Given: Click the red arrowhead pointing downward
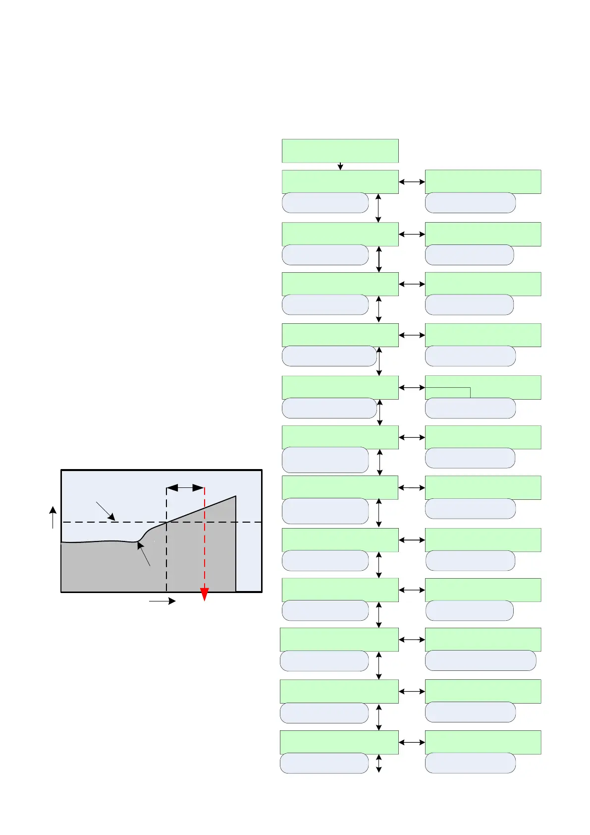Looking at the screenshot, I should tap(204, 594).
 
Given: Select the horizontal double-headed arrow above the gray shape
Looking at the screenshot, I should tap(185, 488).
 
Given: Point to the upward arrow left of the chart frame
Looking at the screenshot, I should tap(53, 517).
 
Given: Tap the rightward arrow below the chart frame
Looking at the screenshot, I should tap(162, 601).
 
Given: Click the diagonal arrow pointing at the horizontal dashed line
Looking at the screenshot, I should tap(106, 511).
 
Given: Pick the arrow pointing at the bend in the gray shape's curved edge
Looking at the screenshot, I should tap(143, 554).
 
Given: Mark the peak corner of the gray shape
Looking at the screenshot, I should tap(235, 496).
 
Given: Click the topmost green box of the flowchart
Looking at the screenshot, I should tap(340, 151).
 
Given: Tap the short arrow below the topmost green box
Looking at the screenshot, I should tap(340, 166).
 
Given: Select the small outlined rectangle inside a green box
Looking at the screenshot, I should tap(448, 393).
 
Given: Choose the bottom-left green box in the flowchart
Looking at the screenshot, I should tap(339, 742).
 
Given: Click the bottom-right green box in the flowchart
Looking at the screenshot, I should tap(483, 742).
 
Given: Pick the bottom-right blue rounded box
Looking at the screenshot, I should tap(470, 763).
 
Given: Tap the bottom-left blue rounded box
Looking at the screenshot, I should tap(324, 763).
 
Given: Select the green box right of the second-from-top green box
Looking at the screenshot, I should tap(483, 181).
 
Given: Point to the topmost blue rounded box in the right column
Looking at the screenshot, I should tap(470, 203).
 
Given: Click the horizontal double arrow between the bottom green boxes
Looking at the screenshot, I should tap(412, 742).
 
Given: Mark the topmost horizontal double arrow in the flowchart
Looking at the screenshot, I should tap(412, 182).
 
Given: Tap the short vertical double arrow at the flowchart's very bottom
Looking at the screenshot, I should tap(379, 764).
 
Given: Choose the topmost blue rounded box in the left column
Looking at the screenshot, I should tap(325, 203).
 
